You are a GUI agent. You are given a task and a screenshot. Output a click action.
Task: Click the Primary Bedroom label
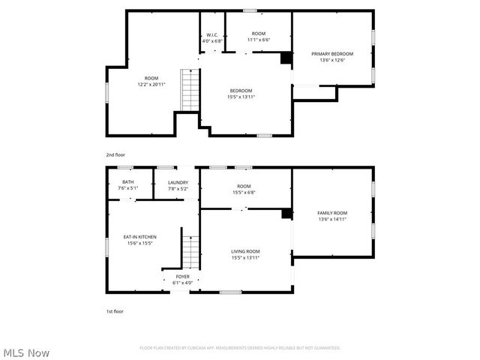click(x=332, y=54)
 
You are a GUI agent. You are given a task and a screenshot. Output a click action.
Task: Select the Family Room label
click(x=332, y=213)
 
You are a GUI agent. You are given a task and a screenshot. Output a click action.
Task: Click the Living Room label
click(x=245, y=251)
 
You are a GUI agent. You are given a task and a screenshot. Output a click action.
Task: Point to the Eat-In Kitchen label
click(x=140, y=237)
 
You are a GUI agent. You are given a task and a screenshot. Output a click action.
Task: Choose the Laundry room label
click(x=178, y=182)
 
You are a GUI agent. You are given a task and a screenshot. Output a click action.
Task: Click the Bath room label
click(x=127, y=182)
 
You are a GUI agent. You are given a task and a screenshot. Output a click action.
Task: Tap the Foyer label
click(x=183, y=277)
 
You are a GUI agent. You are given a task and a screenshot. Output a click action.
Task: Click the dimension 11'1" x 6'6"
click(x=259, y=40)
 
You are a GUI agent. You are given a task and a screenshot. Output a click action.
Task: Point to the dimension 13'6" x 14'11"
click(x=332, y=220)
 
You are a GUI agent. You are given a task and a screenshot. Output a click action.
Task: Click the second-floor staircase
click(x=190, y=89)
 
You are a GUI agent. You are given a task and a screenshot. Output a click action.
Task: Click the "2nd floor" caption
click(x=115, y=154)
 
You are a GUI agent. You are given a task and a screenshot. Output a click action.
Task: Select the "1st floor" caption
click(x=114, y=310)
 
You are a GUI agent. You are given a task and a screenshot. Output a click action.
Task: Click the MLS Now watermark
click(x=25, y=352)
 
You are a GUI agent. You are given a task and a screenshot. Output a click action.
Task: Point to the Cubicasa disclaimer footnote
click(x=240, y=348)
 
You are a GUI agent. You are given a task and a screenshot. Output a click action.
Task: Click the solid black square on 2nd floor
click(x=286, y=58)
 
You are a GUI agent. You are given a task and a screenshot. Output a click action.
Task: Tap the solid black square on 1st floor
click(x=286, y=214)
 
